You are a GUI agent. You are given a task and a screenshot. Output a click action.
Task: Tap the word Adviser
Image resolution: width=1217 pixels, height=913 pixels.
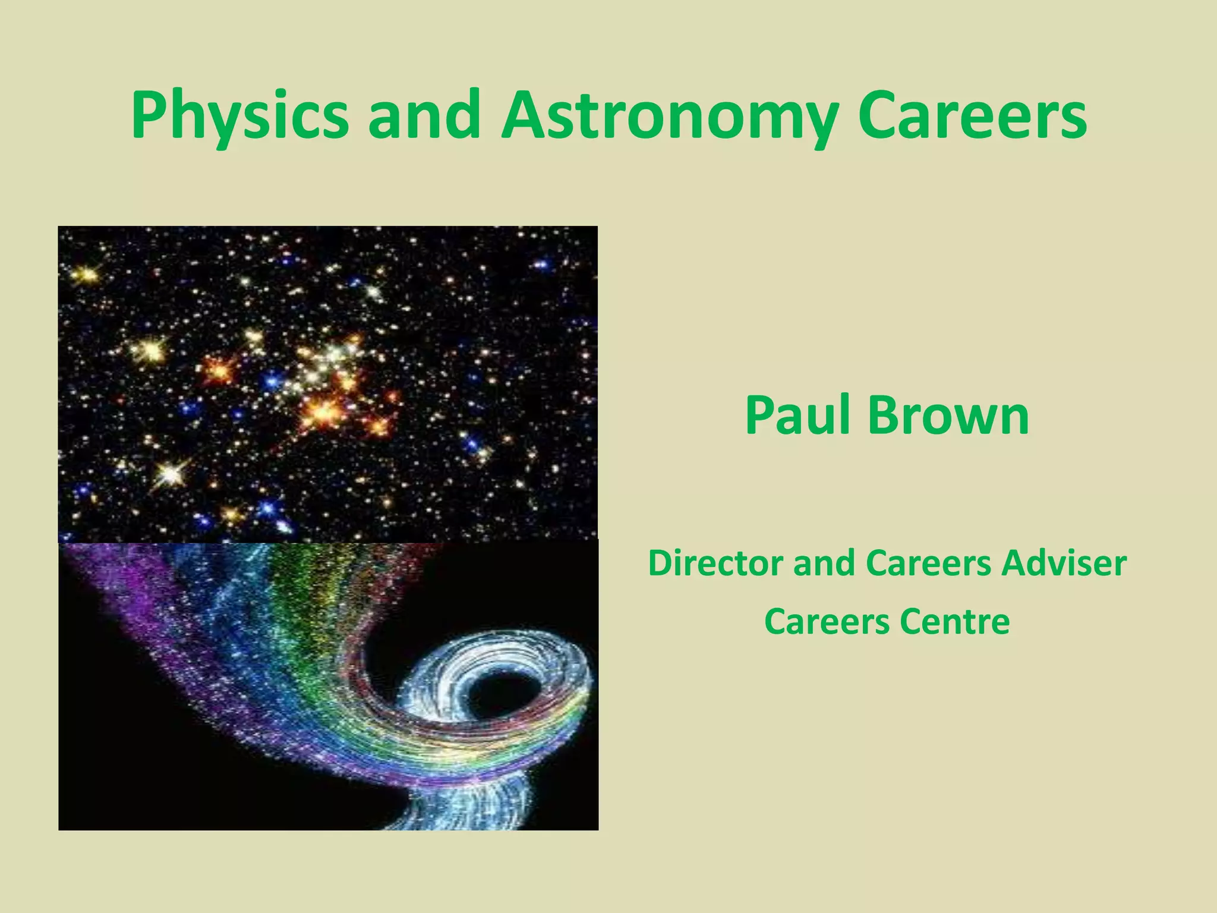1064,563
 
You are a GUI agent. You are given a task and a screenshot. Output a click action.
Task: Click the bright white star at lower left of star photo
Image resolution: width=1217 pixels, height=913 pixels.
171,473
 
